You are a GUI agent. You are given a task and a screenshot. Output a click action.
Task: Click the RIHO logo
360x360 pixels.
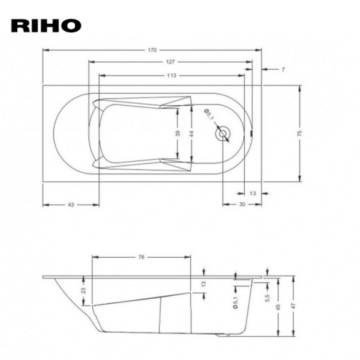pos(46,26)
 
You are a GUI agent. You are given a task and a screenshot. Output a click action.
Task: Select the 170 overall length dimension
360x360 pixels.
pos(152,50)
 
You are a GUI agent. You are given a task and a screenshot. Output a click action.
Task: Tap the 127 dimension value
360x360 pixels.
pos(170,62)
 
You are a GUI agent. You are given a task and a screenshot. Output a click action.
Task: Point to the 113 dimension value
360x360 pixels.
pos(171,76)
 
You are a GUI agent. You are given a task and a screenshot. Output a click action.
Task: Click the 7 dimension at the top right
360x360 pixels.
pos(283,69)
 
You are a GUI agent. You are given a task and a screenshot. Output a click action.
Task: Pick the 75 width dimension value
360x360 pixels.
pos(300,133)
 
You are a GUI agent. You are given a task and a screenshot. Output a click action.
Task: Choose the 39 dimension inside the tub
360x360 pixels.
pos(178,133)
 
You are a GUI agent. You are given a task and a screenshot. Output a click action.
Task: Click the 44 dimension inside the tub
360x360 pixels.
pos(192,133)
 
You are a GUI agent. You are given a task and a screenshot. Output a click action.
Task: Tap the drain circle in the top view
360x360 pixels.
pos(223,133)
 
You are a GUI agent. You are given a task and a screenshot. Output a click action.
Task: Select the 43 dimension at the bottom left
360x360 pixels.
pos(71,204)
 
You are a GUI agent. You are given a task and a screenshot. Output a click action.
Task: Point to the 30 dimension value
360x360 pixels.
pos(242,204)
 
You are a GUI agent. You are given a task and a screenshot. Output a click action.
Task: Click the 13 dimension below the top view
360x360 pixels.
pos(253,193)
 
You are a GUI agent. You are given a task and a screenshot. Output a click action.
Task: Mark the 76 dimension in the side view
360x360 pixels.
pos(141,257)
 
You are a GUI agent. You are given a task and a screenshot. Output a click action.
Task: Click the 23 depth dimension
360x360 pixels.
pos(84,290)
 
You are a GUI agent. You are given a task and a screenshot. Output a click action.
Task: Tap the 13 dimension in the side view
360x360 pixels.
pos(204,284)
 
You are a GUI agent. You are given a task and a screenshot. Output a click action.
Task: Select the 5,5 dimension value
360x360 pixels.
pos(268,298)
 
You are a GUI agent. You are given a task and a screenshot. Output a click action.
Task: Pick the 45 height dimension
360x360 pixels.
pos(279,307)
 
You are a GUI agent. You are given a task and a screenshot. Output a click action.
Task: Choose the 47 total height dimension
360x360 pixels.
pos(293,306)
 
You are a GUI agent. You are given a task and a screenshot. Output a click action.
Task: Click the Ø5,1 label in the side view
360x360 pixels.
pos(235,302)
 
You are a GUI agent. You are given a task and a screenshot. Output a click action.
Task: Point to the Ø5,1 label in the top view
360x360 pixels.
pos(209,114)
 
